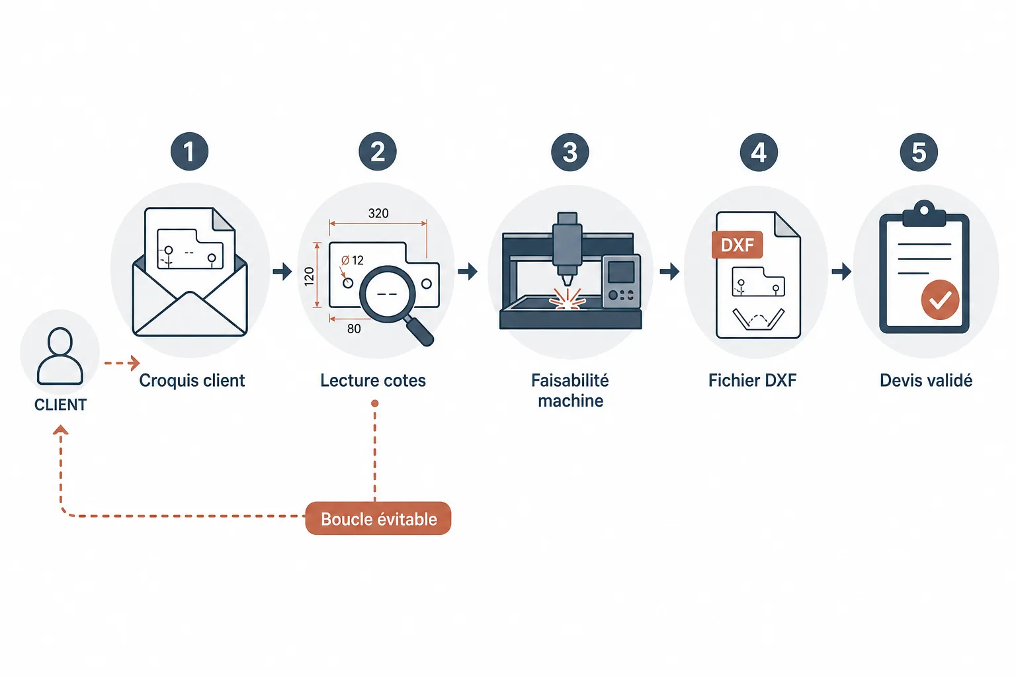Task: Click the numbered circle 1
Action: [x=190, y=151]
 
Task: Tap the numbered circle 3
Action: [x=570, y=152]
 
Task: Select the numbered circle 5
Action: [x=919, y=152]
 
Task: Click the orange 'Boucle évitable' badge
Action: [x=378, y=518]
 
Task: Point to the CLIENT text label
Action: [x=60, y=405]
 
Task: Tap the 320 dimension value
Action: [x=378, y=213]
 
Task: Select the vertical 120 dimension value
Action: [x=309, y=276]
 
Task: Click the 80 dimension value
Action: [x=354, y=329]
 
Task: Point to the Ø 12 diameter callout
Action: [x=353, y=260]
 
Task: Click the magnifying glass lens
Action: [x=388, y=294]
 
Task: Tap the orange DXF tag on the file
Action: [x=737, y=245]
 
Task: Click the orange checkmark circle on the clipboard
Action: [x=940, y=299]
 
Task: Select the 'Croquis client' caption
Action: [x=192, y=380]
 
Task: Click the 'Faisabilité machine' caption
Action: [x=570, y=391]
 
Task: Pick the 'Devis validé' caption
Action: [x=926, y=380]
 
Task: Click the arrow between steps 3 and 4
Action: [x=669, y=272]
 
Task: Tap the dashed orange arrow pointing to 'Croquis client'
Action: [x=122, y=363]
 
